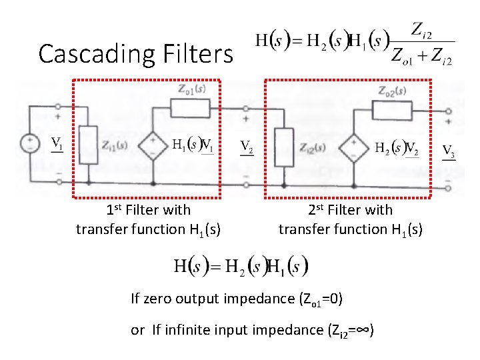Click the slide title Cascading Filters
coord(136,53)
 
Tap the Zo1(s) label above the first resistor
coord(191,88)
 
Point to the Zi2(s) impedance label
coord(312,147)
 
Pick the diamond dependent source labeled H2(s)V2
coord(353,146)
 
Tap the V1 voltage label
coord(58,143)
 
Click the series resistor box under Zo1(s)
coord(191,107)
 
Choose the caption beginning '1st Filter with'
coord(148,220)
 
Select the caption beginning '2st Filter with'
coord(350,220)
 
